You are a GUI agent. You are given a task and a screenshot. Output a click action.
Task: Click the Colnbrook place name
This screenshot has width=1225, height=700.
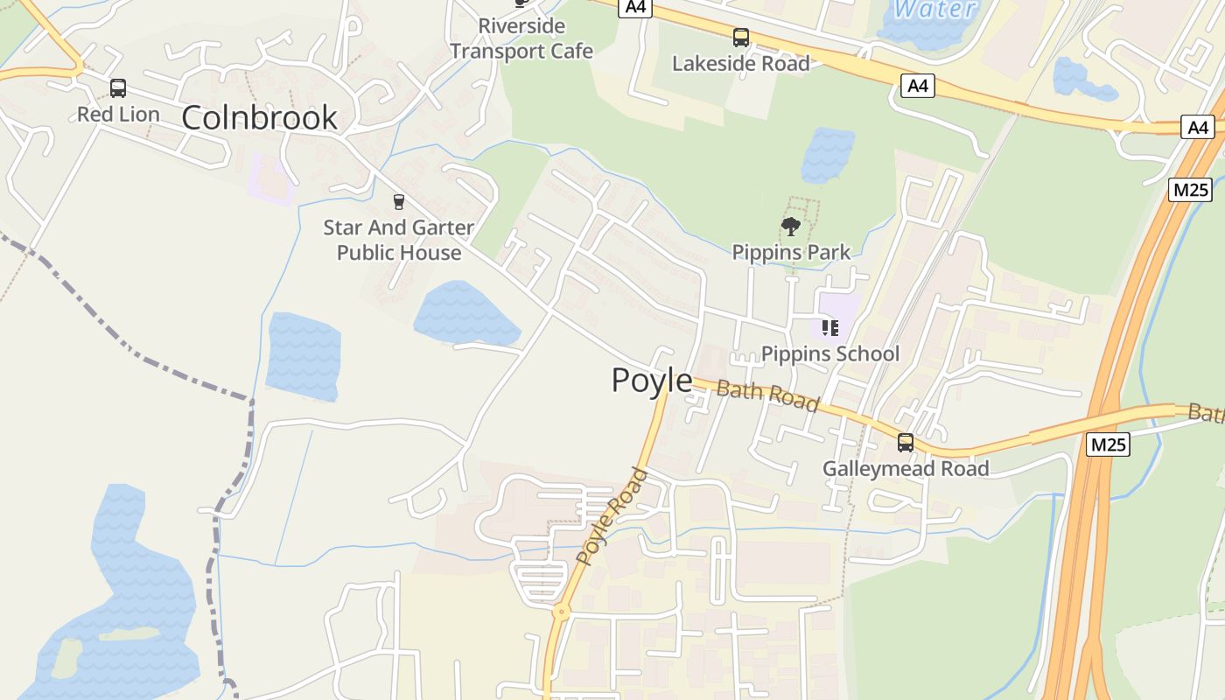(x=259, y=117)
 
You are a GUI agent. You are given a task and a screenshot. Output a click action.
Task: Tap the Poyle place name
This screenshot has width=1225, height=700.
(x=651, y=381)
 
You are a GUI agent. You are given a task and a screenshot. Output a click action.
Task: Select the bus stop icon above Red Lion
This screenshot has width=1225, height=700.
(x=118, y=88)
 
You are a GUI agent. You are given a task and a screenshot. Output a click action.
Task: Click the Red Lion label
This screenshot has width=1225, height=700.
(x=118, y=115)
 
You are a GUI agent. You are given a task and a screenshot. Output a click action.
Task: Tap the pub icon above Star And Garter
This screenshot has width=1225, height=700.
(x=399, y=202)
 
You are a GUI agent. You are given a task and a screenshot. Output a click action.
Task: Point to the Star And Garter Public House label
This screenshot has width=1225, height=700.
(x=399, y=241)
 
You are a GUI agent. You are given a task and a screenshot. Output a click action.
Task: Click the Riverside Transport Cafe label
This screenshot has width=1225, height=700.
(x=521, y=38)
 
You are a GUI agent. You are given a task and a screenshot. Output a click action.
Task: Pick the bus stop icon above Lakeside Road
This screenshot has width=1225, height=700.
(x=741, y=38)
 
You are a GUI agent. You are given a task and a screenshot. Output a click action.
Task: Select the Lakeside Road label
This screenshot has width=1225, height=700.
(x=741, y=63)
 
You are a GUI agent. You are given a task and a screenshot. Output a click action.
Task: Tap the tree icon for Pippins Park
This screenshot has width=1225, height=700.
(x=791, y=227)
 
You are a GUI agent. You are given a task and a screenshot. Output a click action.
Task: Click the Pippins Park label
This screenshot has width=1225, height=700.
(x=791, y=253)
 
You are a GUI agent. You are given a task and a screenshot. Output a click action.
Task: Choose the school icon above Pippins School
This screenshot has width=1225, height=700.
(x=830, y=328)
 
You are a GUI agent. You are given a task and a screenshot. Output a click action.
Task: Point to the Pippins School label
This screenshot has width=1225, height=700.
(x=830, y=353)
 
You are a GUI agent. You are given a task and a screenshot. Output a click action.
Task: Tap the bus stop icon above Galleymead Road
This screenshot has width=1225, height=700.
(x=906, y=443)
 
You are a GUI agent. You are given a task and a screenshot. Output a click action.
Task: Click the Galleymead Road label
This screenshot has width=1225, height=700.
(x=906, y=469)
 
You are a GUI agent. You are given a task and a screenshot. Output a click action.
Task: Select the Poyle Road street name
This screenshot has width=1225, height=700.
(x=612, y=516)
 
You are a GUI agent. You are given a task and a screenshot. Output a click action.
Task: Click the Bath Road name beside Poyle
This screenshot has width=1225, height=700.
(x=767, y=395)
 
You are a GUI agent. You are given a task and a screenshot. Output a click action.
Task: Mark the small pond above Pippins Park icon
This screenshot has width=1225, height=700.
(x=827, y=155)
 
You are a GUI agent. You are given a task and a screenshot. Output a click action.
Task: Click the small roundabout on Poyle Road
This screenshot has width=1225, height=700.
(x=561, y=613)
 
